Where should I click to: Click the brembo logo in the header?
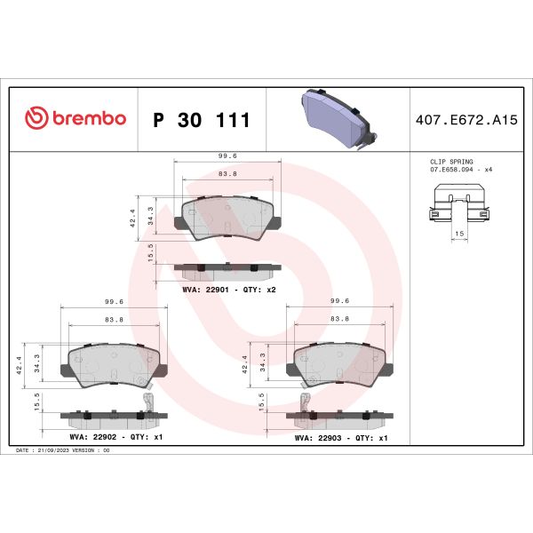tap(76, 119)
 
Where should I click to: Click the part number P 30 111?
tap(202, 120)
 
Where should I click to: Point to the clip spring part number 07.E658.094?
tap(451, 169)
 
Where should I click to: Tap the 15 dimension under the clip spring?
tap(459, 235)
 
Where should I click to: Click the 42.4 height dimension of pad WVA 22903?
tap(246, 364)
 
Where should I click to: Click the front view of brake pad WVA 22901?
tap(227, 219)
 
